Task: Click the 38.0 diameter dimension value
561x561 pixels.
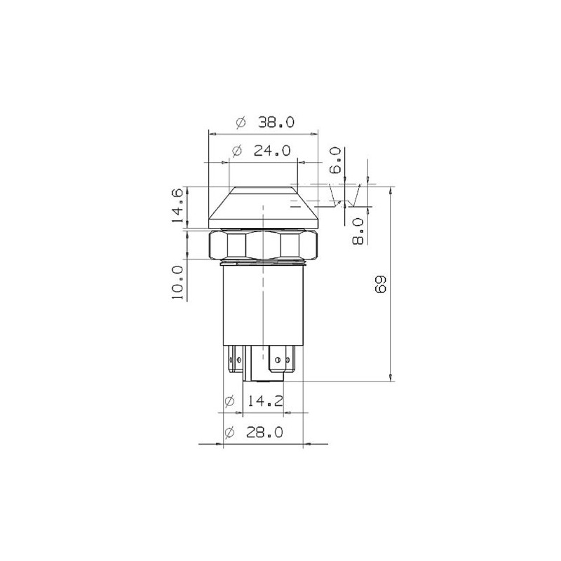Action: click(x=276, y=122)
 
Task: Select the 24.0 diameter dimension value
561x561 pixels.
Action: click(x=272, y=151)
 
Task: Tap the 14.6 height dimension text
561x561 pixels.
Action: click(x=177, y=206)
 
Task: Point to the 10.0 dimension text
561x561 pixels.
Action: click(x=177, y=283)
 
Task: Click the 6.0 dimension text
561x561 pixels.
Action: click(x=336, y=161)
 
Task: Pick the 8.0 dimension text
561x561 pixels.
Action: click(x=358, y=231)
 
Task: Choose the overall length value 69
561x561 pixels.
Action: click(x=381, y=284)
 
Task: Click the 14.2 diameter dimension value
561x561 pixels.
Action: click(x=265, y=401)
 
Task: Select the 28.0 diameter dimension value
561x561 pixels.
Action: click(x=264, y=433)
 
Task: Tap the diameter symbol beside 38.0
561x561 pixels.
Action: click(x=241, y=122)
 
